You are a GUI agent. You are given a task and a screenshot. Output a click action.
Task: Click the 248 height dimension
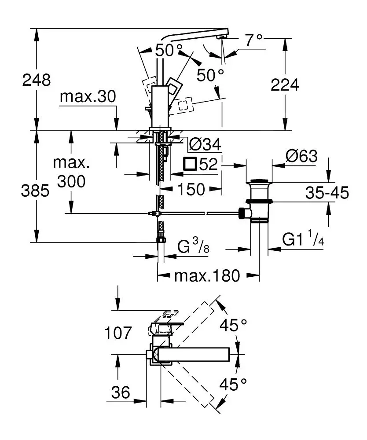(x=37, y=80)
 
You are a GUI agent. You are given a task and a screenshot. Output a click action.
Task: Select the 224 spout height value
(x=285, y=84)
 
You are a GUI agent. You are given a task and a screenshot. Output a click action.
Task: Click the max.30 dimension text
(x=88, y=97)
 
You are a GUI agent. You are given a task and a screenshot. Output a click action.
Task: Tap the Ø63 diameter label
(x=301, y=156)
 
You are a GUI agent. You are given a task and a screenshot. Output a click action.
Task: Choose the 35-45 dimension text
(x=327, y=192)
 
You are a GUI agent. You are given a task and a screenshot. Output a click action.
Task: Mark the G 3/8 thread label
(x=193, y=246)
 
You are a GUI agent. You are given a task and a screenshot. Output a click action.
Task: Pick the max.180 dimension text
(x=208, y=276)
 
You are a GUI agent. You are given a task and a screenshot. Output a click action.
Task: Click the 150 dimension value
(x=191, y=189)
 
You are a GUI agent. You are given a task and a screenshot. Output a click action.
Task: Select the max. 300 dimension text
(x=70, y=172)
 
